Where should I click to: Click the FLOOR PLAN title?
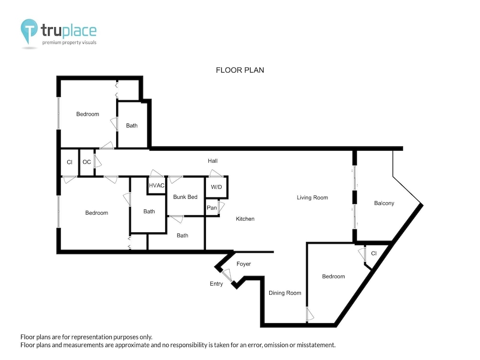(240, 70)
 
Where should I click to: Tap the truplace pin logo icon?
(29, 31)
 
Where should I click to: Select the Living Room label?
(312, 198)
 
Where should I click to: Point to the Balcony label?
(384, 203)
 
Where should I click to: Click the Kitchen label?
(245, 219)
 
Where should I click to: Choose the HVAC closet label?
(156, 185)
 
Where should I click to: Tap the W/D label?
(216, 187)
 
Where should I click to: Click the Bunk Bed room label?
(185, 197)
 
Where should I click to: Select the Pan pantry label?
(212, 208)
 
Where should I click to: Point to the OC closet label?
(86, 162)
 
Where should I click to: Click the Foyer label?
(243, 264)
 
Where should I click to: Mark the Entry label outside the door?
(216, 284)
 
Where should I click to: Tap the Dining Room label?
(285, 293)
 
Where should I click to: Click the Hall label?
(213, 161)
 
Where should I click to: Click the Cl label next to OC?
(70, 162)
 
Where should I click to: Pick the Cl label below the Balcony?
(373, 253)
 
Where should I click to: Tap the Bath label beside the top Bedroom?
(132, 125)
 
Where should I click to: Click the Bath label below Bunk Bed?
(182, 236)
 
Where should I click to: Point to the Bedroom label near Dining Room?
(334, 276)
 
